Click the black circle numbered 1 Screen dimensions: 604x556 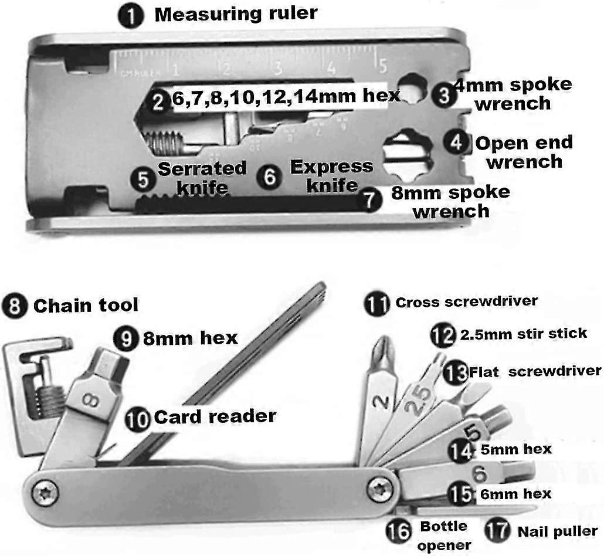[131, 16]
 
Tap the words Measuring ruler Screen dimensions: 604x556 [236, 14]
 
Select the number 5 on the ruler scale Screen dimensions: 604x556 [382, 65]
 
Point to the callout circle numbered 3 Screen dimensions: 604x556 [444, 95]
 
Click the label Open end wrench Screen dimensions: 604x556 [524, 152]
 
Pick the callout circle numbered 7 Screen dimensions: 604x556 [369, 199]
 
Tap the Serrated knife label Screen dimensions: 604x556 [202, 178]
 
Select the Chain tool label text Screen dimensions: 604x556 [86, 306]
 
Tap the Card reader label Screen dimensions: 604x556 [215, 416]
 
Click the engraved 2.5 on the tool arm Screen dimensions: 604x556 [418, 401]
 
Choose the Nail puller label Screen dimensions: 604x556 [558, 532]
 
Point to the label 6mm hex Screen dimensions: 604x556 [516, 494]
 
